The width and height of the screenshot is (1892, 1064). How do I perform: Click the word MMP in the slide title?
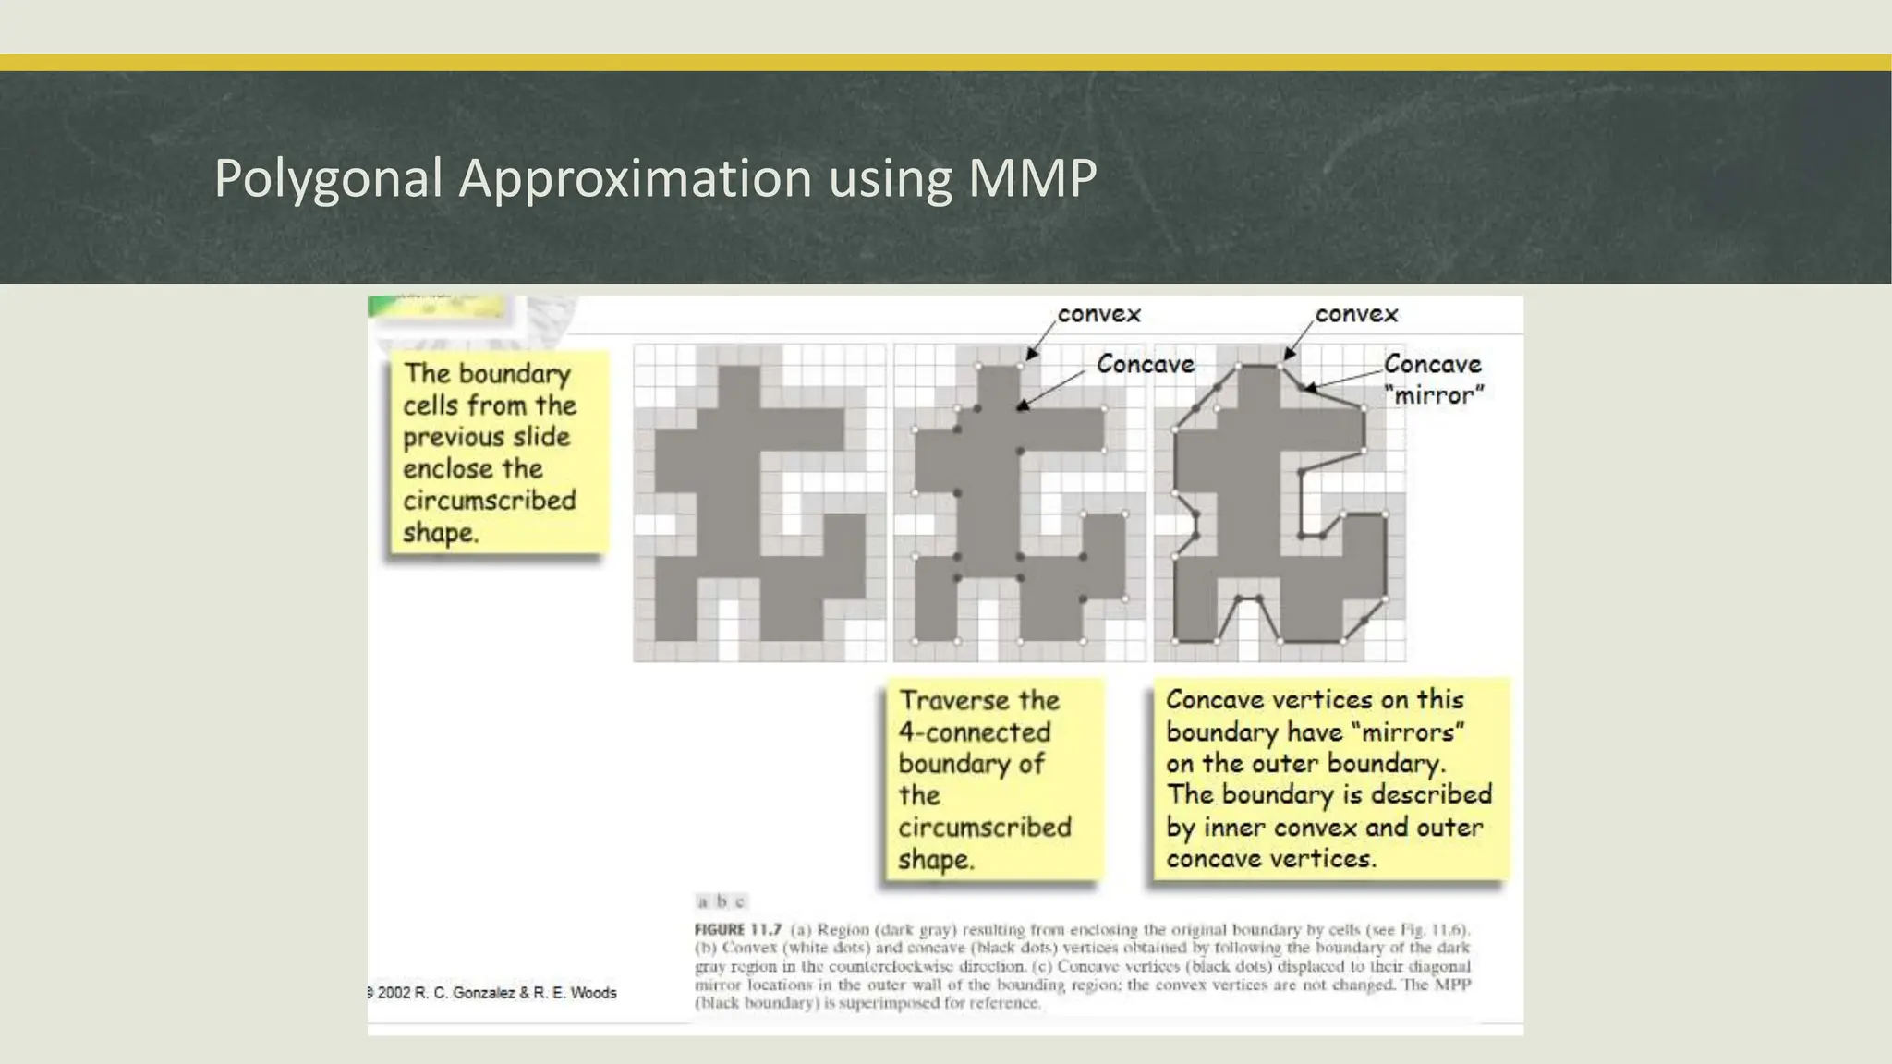1032,177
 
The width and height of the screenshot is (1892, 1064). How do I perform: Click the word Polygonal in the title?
328,177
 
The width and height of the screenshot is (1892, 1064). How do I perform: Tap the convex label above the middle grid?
1098,315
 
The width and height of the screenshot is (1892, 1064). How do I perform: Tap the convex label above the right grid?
1356,315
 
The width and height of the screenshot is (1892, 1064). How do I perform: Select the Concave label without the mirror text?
1145,365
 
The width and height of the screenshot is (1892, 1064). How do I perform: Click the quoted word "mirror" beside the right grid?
1434,395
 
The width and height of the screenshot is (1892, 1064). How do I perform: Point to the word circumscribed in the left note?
490,501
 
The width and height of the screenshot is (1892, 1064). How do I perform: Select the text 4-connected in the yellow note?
975,732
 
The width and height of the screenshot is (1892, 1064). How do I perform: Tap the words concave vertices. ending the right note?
1270,859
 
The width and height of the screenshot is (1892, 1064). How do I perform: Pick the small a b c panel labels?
721,901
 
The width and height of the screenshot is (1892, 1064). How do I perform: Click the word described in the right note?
1431,794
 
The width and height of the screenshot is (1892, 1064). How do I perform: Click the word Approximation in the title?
636,177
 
